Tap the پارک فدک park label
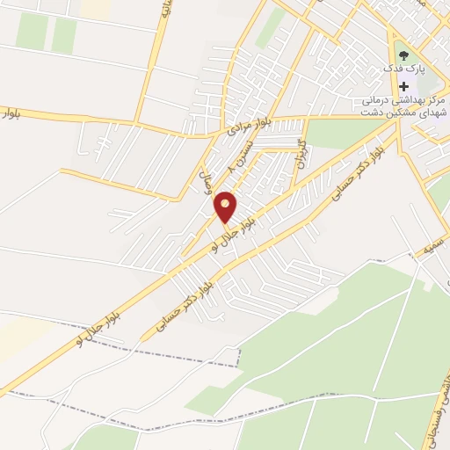[404, 69]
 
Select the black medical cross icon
[404, 86]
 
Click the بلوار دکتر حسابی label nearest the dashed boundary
[188, 304]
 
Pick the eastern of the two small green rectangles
[63, 35]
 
